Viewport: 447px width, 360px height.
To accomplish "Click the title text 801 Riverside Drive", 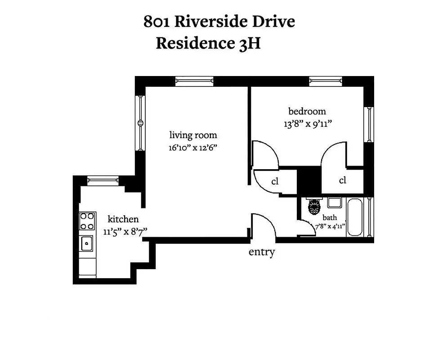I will [219, 22].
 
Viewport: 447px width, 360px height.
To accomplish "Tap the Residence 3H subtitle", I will [208, 44].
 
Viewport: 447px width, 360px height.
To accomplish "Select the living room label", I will [193, 135].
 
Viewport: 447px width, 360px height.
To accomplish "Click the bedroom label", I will [307, 112].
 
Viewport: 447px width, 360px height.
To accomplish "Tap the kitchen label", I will [123, 219].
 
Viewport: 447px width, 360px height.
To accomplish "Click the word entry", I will [262, 252].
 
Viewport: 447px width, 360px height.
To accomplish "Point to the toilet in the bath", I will [313, 207].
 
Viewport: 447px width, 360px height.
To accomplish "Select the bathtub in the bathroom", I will [356, 217].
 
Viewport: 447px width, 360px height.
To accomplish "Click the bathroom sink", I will [334, 202].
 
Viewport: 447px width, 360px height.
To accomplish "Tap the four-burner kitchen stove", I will [87, 221].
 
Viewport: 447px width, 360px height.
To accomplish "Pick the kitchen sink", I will [86, 244].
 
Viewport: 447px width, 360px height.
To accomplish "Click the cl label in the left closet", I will [275, 182].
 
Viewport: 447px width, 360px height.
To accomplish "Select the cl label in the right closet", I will [343, 180].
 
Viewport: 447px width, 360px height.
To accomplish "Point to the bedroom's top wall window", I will [325, 81].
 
